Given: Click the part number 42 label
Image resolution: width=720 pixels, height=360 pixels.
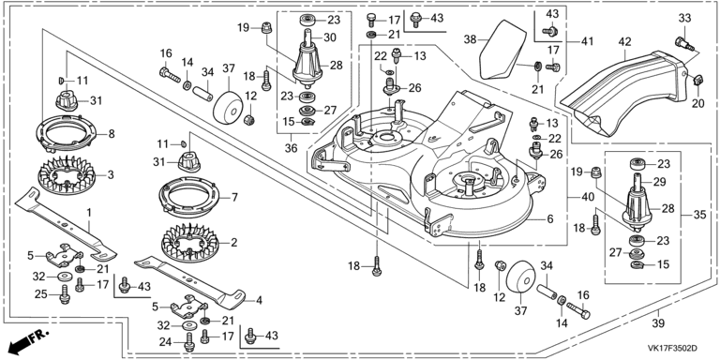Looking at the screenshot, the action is click(625, 42).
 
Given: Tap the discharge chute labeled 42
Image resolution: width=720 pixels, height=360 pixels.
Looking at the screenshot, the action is click(624, 92).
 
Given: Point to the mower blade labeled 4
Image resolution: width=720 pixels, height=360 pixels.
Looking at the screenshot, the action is click(190, 283).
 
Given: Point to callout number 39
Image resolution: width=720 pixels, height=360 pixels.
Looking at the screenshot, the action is click(658, 323).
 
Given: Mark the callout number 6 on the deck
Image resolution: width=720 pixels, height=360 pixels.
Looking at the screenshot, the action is click(550, 219).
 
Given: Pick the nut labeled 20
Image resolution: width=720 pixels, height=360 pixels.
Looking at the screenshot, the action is click(697, 80).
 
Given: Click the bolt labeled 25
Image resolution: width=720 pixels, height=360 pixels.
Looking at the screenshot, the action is click(65, 294).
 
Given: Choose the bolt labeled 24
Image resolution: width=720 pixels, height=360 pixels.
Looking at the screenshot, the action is click(187, 341).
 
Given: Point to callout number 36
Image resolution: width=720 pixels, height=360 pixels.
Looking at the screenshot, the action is click(292, 148).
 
